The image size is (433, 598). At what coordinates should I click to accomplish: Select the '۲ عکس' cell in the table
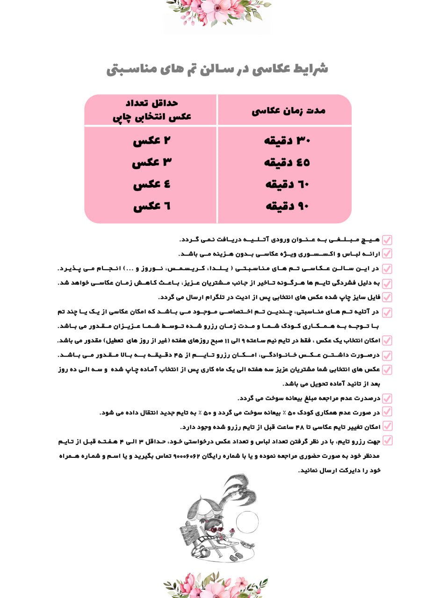coord(152,141)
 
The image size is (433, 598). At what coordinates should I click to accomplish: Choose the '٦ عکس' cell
coord(152,206)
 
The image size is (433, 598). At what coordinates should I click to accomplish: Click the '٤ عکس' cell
coord(152,185)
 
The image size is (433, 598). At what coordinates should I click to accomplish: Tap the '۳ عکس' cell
coord(152,163)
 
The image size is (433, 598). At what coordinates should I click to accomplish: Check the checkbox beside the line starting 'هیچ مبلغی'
coord(387,240)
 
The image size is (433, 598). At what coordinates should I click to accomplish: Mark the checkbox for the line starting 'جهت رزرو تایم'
coord(387,441)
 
